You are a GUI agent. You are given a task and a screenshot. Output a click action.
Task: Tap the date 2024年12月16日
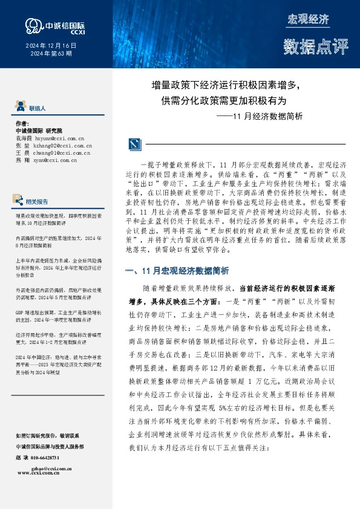50,45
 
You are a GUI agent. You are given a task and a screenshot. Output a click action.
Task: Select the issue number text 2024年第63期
51,53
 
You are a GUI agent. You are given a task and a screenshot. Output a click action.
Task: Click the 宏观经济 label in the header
307,19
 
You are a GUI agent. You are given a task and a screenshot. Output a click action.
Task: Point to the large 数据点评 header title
308,45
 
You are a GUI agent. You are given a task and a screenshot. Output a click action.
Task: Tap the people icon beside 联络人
19,108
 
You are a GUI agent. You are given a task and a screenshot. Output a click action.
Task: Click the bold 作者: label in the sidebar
22,123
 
